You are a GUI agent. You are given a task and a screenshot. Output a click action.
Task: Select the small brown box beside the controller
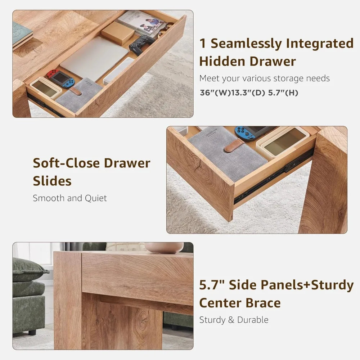coord(118,33)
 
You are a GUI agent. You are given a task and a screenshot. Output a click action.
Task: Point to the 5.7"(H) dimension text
coord(284,93)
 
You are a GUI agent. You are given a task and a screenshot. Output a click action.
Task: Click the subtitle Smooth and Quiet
coord(70,198)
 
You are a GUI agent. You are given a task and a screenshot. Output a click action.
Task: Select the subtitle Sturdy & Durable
coord(234,320)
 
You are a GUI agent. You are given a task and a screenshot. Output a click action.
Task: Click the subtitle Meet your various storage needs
coord(265,78)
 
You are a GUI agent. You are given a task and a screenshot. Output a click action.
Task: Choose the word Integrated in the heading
coord(320,44)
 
